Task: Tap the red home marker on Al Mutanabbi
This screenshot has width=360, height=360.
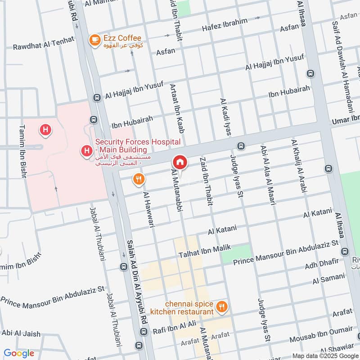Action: (x=180, y=162)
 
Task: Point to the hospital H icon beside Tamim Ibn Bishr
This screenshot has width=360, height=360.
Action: (x=45, y=130)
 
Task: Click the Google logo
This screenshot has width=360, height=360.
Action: (x=19, y=353)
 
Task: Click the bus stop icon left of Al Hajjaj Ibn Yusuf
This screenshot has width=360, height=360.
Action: (x=96, y=97)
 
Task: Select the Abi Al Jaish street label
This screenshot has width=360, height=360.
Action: (x=21, y=333)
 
